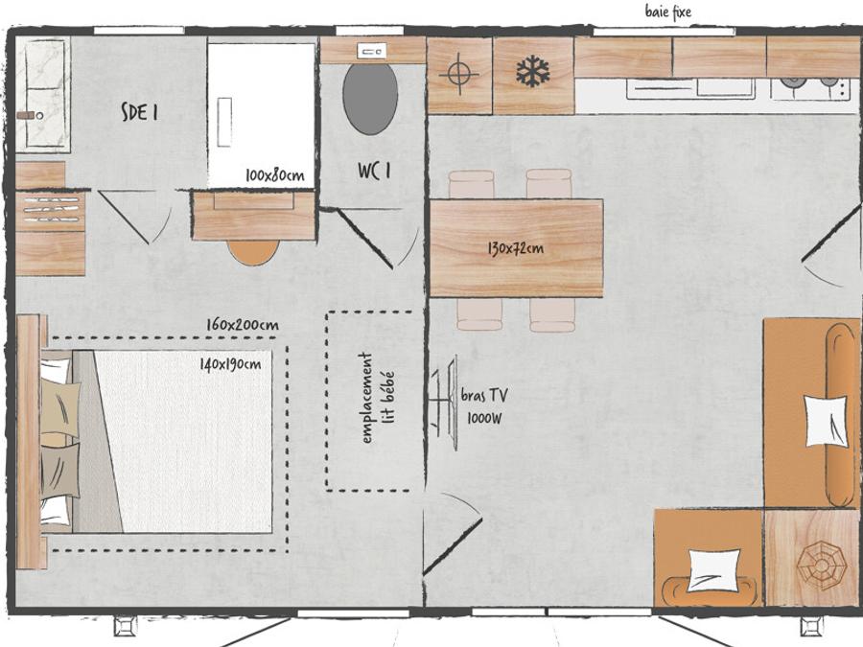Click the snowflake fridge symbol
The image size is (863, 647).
[533, 72]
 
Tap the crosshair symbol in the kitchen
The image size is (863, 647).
[459, 73]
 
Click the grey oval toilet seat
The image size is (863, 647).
[370, 99]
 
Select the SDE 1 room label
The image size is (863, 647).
[140, 112]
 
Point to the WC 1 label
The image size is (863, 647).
[374, 171]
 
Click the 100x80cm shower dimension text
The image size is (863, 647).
[274, 175]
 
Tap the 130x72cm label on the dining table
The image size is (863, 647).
[516, 248]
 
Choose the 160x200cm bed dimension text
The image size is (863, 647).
[243, 325]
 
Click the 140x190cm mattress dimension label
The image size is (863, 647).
[230, 364]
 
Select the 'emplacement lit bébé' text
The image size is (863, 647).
[378, 398]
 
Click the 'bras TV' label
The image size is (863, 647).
[484, 395]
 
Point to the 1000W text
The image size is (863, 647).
[484, 419]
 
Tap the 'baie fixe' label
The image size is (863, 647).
[668, 12]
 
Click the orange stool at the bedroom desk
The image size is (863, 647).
[254, 252]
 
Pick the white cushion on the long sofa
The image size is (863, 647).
[826, 421]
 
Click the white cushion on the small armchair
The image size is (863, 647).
[713, 570]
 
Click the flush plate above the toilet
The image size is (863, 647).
[371, 52]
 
